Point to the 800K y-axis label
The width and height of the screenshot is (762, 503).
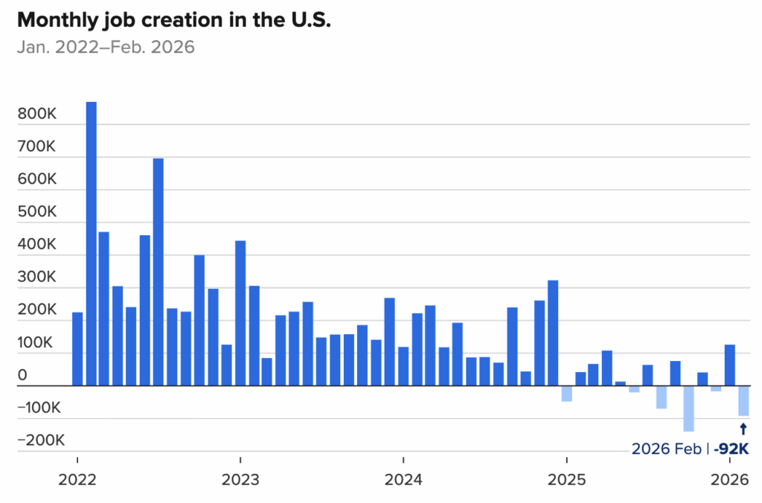coord(38,114)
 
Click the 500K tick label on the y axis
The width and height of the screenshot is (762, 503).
coord(38,212)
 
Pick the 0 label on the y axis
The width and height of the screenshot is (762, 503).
coord(22,376)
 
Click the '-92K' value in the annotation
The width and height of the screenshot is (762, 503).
coord(731,449)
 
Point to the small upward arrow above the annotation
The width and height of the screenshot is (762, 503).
coord(743,429)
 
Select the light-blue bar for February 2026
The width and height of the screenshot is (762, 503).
coord(743,401)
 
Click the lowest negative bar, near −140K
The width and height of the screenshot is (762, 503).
coord(688,409)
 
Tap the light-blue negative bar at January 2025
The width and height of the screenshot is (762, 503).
coord(567,394)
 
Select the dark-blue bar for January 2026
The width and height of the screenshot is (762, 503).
coord(730,365)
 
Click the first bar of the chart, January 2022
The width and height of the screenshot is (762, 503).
coord(77,349)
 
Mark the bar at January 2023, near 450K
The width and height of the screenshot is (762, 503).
coord(240,313)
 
